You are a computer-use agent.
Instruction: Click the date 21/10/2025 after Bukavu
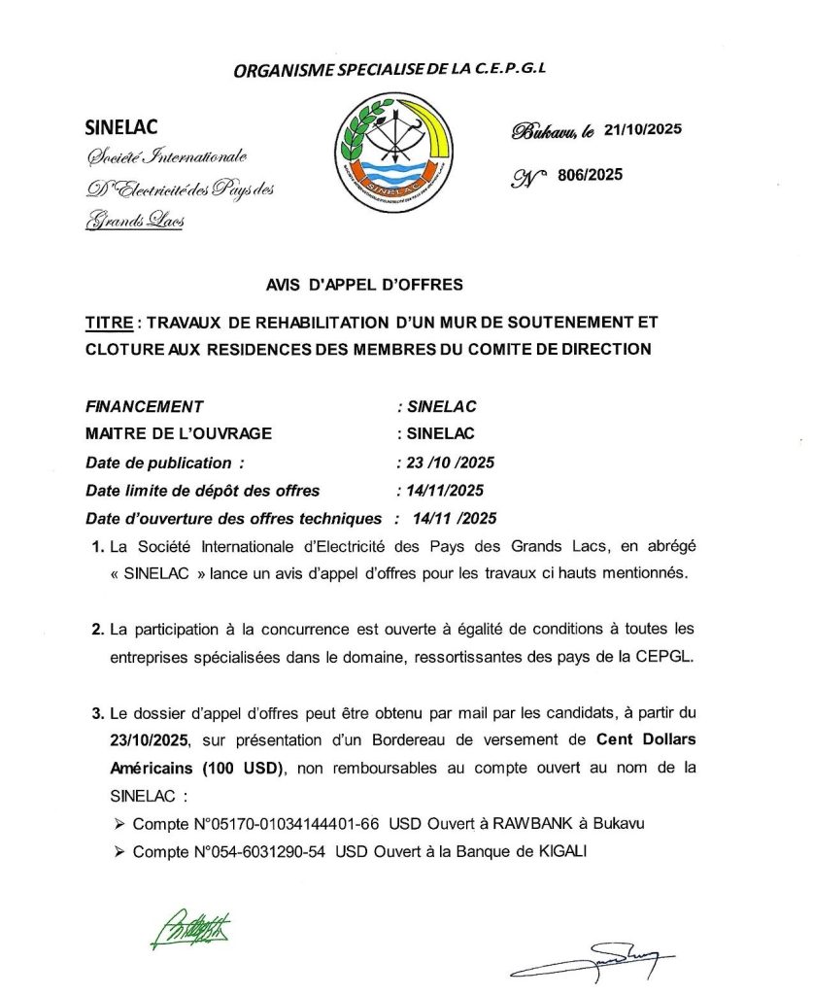point(642,129)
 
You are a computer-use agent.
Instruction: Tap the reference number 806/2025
point(590,175)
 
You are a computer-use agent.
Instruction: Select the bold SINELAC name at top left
point(121,127)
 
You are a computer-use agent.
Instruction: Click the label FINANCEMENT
point(145,407)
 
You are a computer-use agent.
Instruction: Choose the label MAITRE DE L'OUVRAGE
point(179,434)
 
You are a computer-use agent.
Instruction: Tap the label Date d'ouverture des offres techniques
point(233,518)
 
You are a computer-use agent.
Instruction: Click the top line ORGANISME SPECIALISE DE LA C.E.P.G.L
point(397,70)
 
